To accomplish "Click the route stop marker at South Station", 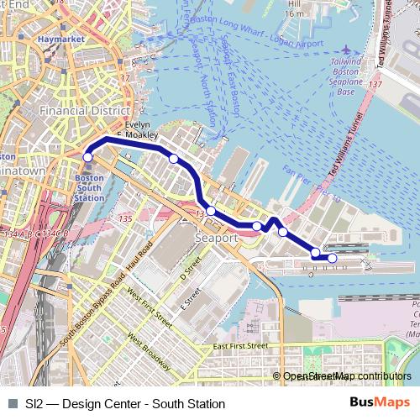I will point(87,157).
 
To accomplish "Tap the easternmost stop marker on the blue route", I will point(333,259).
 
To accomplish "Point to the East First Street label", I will point(240,346).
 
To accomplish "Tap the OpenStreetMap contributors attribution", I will point(345,376).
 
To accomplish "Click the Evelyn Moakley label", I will point(136,129).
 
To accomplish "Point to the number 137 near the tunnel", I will point(375,85).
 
